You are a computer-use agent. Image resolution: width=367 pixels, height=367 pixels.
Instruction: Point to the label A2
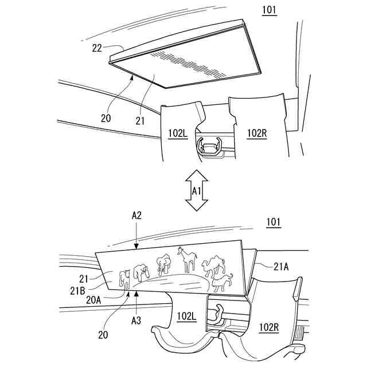136,215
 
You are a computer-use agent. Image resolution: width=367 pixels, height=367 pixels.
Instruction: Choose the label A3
136,320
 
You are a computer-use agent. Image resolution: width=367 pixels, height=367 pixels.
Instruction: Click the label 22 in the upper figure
97,49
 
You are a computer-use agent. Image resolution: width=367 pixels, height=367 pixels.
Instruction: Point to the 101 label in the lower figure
274,221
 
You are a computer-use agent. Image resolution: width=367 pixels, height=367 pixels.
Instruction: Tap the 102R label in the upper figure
257,133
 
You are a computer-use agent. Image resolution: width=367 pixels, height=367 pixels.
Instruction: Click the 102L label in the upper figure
178,133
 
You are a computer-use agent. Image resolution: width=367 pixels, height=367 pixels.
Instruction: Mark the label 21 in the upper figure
138,121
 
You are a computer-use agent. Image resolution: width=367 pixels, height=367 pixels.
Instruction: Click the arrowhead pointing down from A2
136,247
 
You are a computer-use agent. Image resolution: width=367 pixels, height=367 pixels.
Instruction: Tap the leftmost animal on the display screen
124,278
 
